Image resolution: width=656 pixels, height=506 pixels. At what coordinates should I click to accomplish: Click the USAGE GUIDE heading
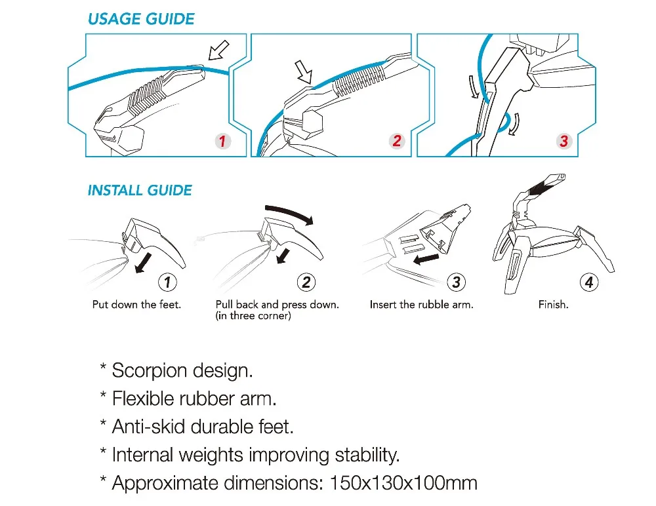click(x=141, y=19)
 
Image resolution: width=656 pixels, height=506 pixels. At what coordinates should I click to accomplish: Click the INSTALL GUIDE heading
click(x=140, y=191)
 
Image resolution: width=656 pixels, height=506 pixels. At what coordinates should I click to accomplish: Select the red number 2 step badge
click(x=396, y=141)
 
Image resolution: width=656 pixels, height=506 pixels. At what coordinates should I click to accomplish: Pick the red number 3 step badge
click(x=563, y=141)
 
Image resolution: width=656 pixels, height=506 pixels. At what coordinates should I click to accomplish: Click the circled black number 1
click(x=168, y=282)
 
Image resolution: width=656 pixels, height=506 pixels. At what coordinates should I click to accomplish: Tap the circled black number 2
click(x=306, y=282)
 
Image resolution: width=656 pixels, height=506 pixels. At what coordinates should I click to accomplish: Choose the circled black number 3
click(x=457, y=282)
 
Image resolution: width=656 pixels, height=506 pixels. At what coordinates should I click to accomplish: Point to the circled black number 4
click(x=589, y=282)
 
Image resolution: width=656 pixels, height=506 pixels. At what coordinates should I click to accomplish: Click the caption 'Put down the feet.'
click(x=136, y=305)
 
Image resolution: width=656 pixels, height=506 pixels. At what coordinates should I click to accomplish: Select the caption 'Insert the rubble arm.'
click(x=421, y=305)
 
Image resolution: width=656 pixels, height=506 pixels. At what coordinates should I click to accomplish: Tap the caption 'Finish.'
click(x=553, y=305)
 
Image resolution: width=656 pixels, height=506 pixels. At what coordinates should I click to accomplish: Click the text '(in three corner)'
click(x=253, y=317)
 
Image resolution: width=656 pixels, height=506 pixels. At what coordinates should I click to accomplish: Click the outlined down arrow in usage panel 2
click(x=303, y=71)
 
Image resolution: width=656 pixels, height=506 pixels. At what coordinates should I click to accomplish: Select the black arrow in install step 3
click(x=419, y=262)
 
